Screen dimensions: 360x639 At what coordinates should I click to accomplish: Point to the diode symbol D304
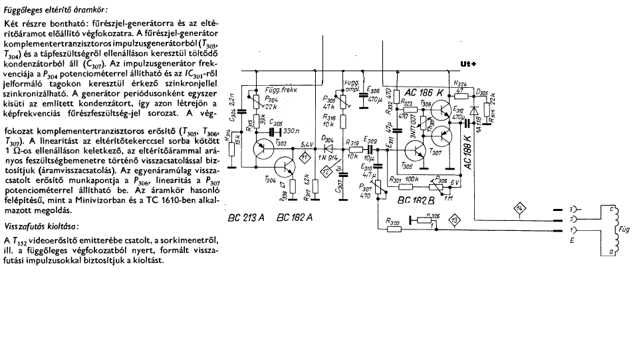point(328,148)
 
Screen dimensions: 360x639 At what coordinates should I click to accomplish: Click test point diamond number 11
point(305,157)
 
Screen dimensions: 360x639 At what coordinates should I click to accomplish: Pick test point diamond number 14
point(519,210)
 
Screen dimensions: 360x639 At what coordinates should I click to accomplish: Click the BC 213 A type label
point(244,218)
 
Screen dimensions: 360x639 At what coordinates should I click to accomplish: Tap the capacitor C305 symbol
point(273,129)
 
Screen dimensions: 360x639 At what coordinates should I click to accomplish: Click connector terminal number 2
point(565,218)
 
